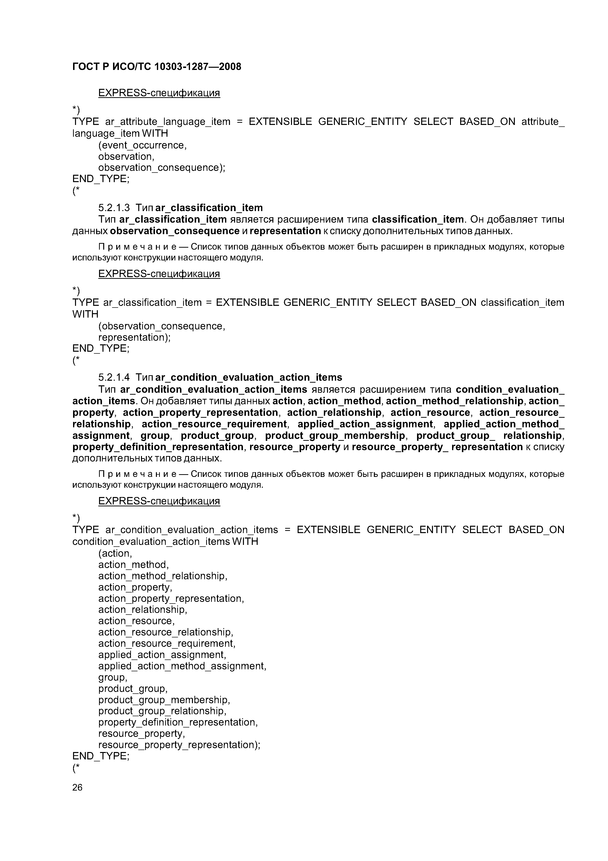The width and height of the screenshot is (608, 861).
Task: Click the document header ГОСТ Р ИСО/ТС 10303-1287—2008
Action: click(x=157, y=67)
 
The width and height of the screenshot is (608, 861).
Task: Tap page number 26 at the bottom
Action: click(x=77, y=787)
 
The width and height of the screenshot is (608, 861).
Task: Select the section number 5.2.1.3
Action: click(x=114, y=208)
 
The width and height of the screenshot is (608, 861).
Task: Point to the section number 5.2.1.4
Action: click(x=114, y=377)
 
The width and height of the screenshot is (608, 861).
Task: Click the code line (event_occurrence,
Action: click(x=142, y=145)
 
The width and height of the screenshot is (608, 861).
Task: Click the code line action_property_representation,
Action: click(x=171, y=598)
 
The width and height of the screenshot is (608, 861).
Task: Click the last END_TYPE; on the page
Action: click(x=101, y=756)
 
